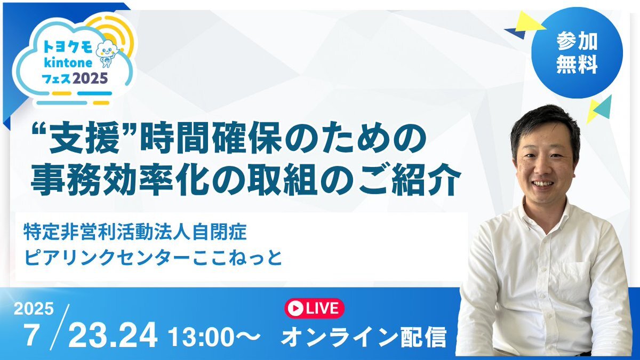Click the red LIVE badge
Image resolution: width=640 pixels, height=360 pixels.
point(314,308)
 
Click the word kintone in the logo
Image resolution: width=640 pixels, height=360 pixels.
point(68,62)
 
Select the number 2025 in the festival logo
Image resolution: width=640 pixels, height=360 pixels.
point(90,78)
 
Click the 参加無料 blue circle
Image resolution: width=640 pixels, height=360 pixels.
point(577,53)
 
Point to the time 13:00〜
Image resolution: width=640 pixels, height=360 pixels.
point(214,337)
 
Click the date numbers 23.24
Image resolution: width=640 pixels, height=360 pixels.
point(113,334)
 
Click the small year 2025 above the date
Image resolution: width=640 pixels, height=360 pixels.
point(34,309)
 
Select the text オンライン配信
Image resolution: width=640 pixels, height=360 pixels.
point(363,337)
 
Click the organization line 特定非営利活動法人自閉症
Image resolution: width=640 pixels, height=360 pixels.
point(135,233)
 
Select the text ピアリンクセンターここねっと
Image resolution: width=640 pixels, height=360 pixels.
point(153,258)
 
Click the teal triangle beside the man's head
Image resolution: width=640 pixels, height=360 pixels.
point(603,107)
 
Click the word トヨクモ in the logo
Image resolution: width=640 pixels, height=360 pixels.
point(68,47)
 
